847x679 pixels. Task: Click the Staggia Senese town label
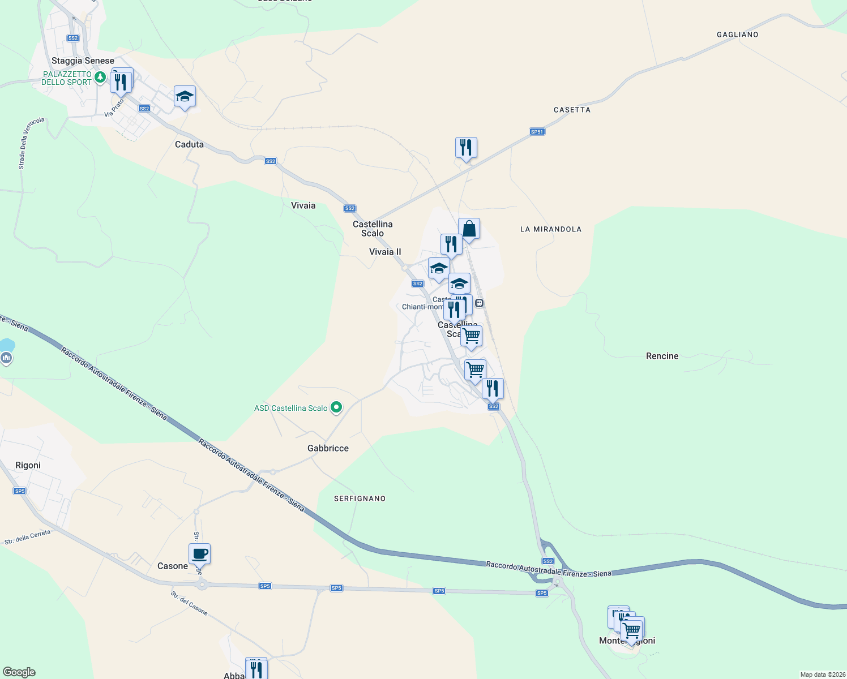[x=83, y=61]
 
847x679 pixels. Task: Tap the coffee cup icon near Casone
[x=199, y=554]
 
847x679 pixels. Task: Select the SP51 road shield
[x=537, y=132]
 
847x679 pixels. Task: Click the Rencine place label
[x=662, y=356]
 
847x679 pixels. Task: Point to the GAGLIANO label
[x=737, y=35]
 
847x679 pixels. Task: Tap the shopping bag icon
[x=469, y=229]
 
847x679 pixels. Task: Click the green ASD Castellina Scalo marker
[x=336, y=407]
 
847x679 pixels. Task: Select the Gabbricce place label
[x=328, y=448]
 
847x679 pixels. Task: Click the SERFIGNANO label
[x=360, y=498]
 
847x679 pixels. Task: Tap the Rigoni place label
[x=28, y=465]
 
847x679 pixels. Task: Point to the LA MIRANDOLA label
[x=550, y=229]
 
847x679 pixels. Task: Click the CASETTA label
[x=572, y=110]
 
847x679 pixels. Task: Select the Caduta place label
[x=189, y=144]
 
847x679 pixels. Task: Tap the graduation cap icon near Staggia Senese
[x=185, y=97]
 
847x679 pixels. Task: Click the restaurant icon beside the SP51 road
[x=466, y=148]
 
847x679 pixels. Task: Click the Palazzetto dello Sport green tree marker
[x=100, y=77]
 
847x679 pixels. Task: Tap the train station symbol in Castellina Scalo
[x=480, y=303]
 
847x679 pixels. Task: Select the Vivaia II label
[x=385, y=252]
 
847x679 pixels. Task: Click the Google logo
[x=19, y=672]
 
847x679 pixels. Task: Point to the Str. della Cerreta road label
[x=27, y=537]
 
